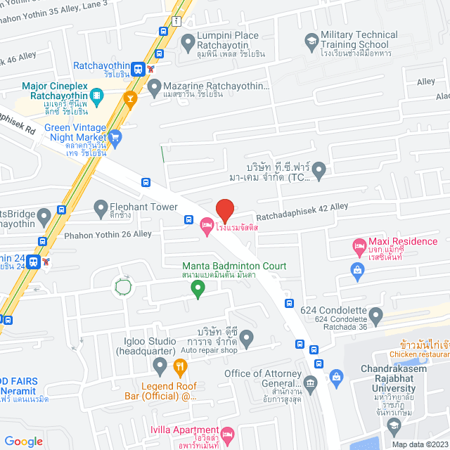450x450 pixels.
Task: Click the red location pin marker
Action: pyautogui.click(x=224, y=210)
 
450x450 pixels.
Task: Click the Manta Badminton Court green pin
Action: pyautogui.click(x=198, y=287)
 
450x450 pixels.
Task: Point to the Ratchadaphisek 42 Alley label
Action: pyautogui.click(x=302, y=207)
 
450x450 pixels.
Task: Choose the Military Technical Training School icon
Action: pyautogui.click(x=310, y=44)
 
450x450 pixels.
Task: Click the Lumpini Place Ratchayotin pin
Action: pyautogui.click(x=188, y=44)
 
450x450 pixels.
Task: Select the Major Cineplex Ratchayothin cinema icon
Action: pyautogui.click(x=96, y=93)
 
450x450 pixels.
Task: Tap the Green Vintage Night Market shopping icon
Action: pyautogui.click(x=115, y=136)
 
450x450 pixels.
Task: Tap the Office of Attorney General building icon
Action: pyautogui.click(x=310, y=382)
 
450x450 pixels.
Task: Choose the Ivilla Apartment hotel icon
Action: pyautogui.click(x=227, y=434)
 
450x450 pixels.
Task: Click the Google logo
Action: pyautogui.click(x=24, y=441)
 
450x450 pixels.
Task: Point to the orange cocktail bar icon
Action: pyautogui.click(x=129, y=98)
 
